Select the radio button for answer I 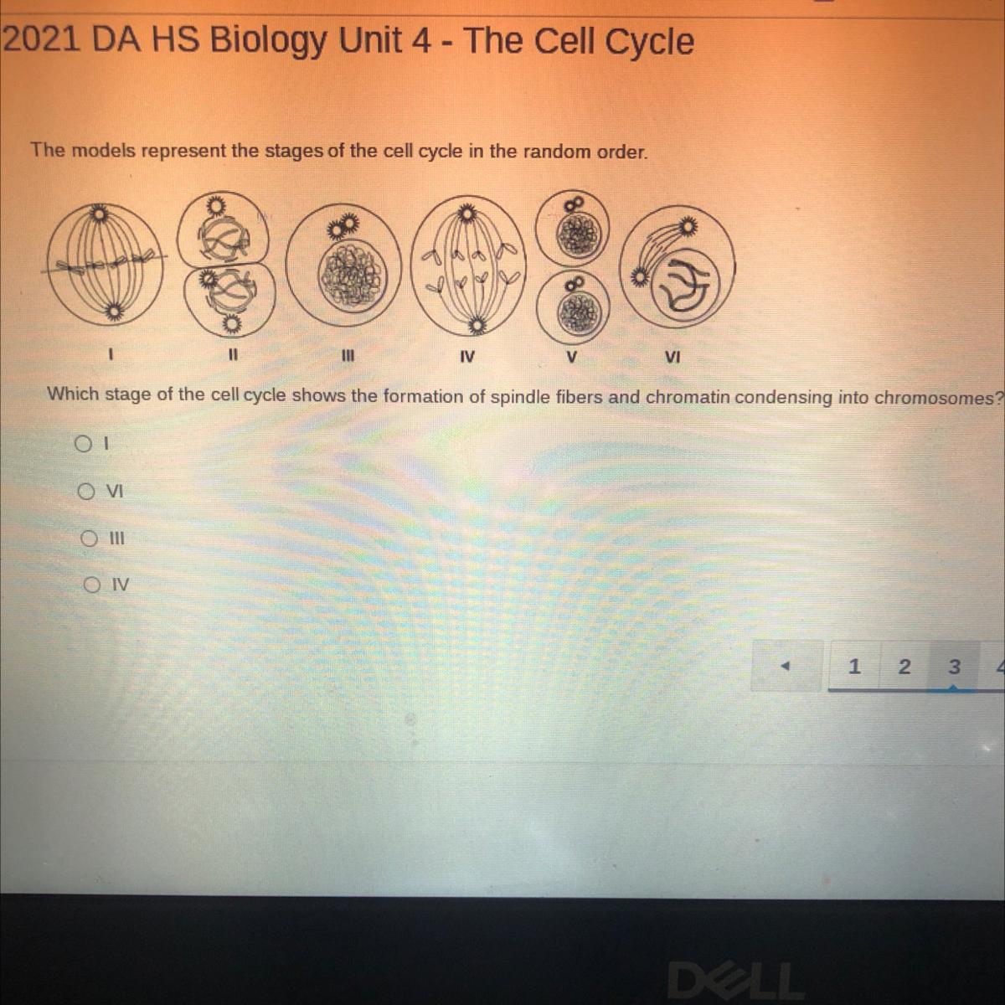82,444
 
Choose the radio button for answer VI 86,491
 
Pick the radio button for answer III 89,539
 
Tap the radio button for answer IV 91,585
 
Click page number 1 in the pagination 853,666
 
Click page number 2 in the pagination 904,666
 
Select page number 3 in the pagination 954,666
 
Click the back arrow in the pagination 786,666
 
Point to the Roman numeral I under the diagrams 110,354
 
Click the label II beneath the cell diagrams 233,355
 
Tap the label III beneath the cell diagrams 348,356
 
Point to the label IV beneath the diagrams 467,358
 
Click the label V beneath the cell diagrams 572,358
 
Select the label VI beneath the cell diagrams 673,358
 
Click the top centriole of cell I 100,213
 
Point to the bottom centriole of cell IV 477,327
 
